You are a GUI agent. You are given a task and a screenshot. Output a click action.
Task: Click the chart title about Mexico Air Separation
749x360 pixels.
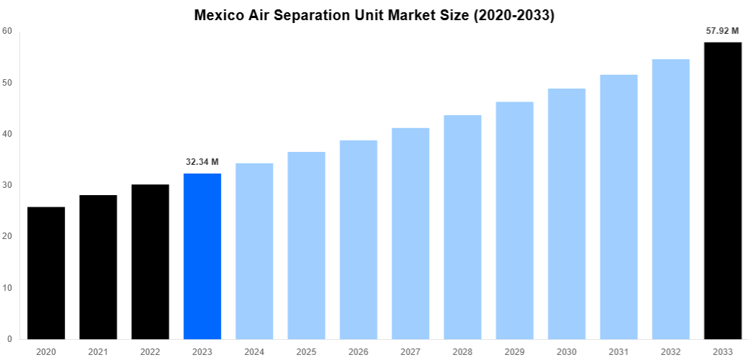374,15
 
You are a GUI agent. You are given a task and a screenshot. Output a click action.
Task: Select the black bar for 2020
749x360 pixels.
46,273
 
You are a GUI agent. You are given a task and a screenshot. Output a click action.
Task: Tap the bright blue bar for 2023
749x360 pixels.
202,256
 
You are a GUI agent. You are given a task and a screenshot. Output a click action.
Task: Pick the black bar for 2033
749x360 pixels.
722,191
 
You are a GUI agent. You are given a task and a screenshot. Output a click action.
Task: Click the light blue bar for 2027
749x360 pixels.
411,233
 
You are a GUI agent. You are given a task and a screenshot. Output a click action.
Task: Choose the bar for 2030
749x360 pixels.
566,214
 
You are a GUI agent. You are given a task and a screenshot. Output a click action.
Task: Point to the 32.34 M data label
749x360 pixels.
202,162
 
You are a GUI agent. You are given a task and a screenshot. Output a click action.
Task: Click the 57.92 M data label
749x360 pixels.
722,31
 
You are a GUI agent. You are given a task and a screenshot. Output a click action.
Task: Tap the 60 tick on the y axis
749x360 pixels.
7,31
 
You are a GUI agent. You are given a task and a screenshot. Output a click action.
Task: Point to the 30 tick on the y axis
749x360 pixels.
7,185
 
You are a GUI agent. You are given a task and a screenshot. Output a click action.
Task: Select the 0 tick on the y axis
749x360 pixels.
9,339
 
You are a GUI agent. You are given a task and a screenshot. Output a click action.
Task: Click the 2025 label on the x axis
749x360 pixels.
306,351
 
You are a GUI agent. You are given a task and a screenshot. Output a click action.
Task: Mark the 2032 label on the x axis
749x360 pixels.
670,351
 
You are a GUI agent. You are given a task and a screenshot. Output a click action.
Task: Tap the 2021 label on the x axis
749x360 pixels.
98,351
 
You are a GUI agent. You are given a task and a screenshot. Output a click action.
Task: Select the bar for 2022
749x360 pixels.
150,262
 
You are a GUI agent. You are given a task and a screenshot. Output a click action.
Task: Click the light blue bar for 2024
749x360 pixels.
254,251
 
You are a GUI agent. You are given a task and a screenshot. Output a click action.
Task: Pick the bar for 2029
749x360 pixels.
514,220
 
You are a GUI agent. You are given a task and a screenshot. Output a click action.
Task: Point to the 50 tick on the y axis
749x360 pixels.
7,83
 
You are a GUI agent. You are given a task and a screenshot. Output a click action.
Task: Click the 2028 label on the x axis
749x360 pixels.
462,351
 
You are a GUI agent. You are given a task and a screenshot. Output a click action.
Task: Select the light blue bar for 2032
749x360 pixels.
670,199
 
